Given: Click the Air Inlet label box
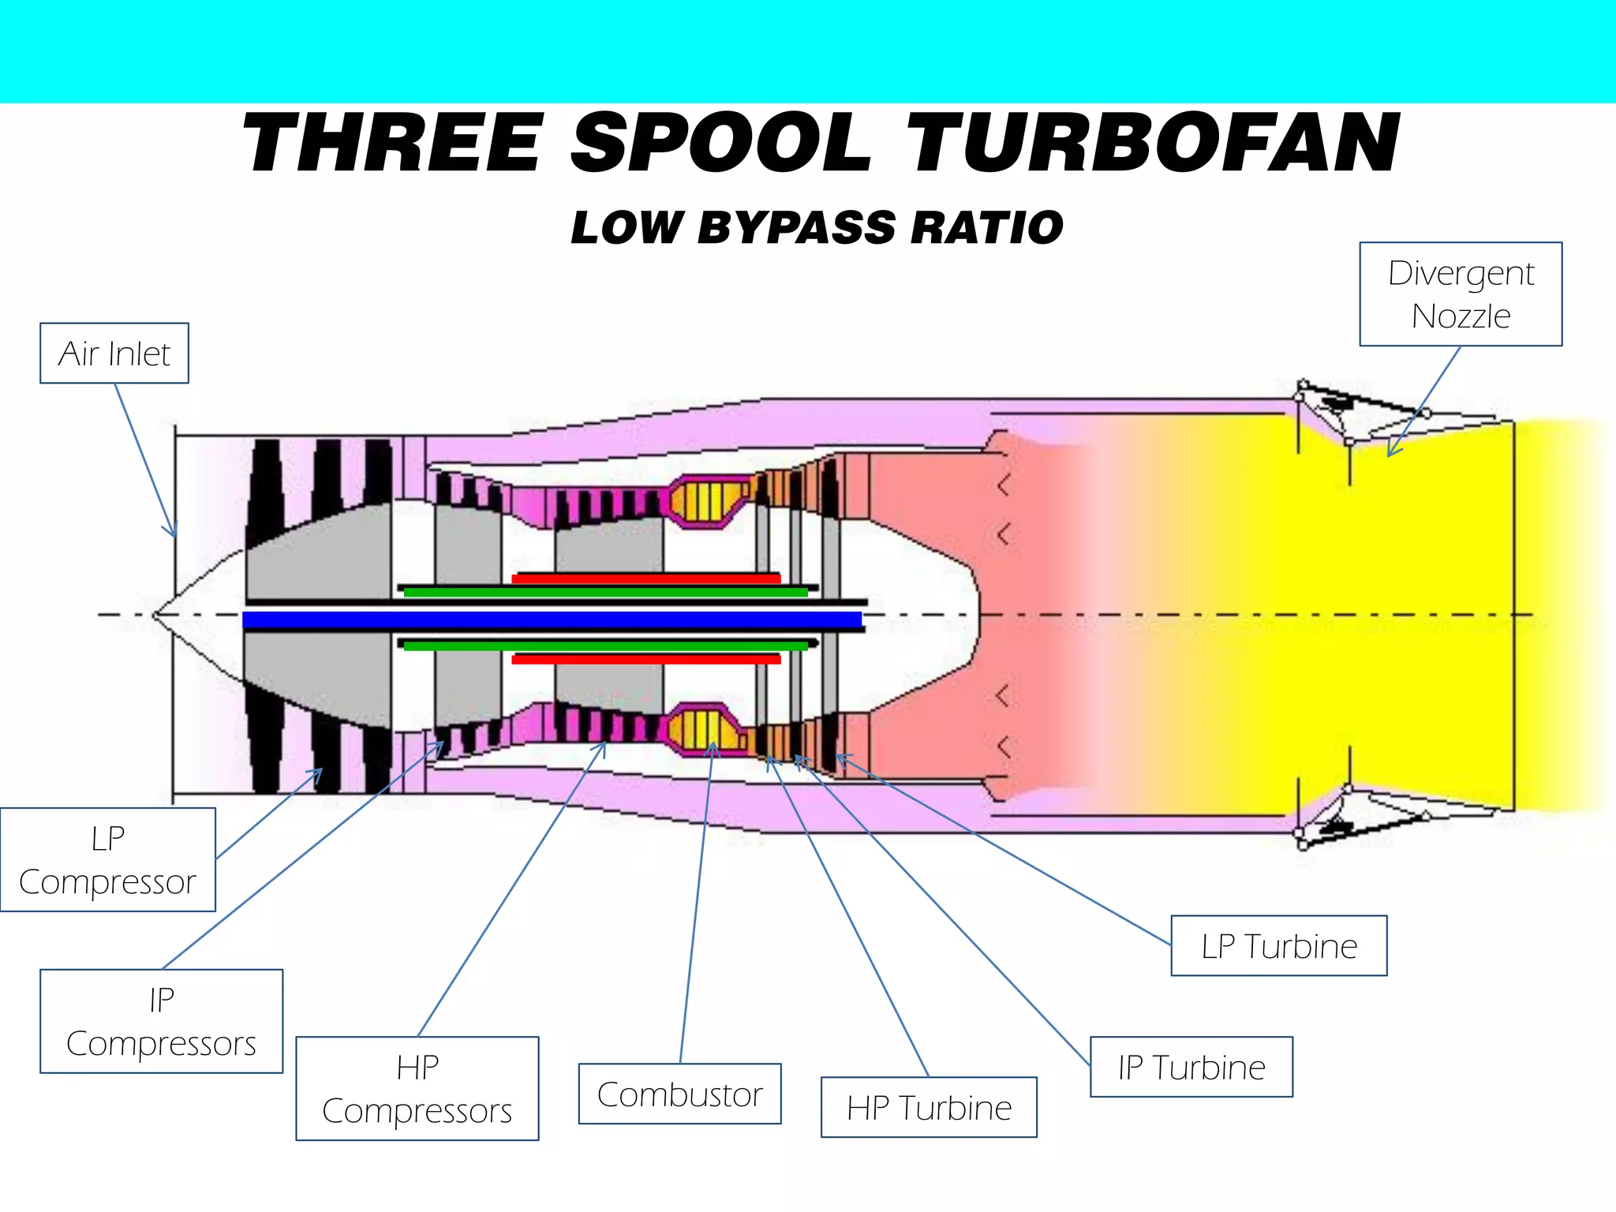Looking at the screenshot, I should (x=114, y=353).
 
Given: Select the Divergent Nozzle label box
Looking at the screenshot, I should (x=1461, y=294).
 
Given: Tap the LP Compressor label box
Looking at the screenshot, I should (x=107, y=860).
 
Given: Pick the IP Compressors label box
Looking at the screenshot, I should (x=161, y=1022).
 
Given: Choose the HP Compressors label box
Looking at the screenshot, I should (x=417, y=1089).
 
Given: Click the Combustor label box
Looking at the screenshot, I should (x=679, y=1094).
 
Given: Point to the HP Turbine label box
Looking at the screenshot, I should (x=929, y=1108).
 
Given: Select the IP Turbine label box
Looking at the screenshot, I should (x=1191, y=1068).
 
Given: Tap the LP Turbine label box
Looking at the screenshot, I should (x=1278, y=946).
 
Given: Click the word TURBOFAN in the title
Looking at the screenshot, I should (x=1152, y=144).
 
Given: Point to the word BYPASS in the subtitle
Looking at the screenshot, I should (x=797, y=228).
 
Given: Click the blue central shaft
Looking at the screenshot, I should (x=552, y=619).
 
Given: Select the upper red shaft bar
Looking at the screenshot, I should (x=646, y=578).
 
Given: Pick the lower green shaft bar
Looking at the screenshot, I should (x=606, y=645).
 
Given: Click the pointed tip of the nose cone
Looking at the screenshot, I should (x=154, y=615).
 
